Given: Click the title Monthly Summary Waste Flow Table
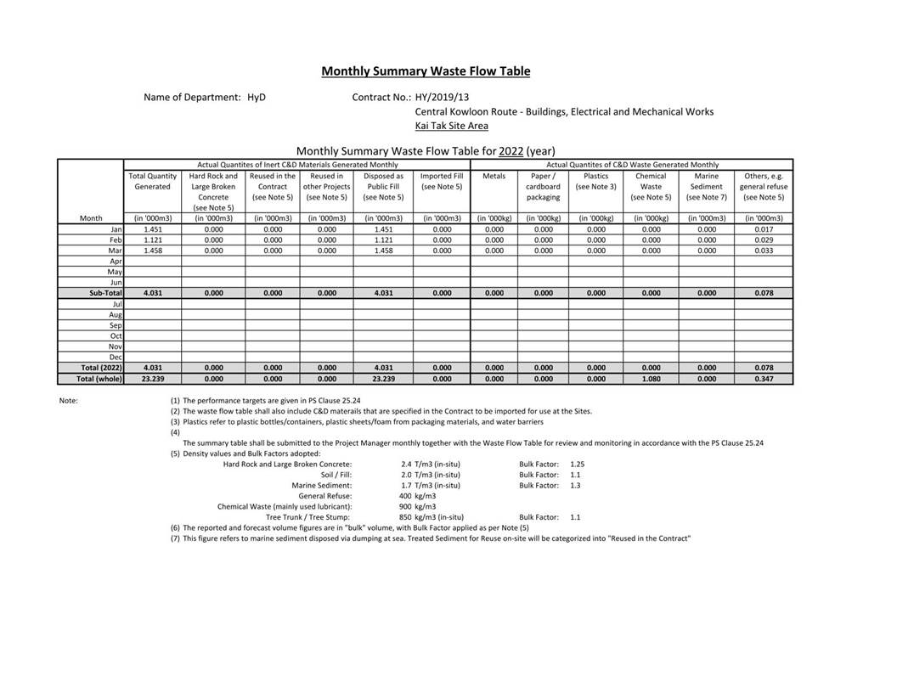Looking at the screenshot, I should [426, 71].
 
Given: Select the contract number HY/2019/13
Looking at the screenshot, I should [442, 98].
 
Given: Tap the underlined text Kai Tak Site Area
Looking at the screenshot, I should [451, 126].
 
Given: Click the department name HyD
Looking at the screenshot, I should [257, 98].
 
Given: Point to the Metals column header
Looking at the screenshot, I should [494, 177].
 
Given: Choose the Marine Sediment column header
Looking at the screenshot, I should [707, 186].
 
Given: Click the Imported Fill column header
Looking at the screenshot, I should [442, 181].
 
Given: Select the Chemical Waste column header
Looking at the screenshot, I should [651, 186].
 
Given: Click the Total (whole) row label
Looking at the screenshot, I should [99, 379].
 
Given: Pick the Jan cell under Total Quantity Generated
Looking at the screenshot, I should [153, 229].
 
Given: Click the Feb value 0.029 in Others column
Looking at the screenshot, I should [764, 240].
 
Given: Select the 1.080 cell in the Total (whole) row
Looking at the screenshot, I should [651, 379].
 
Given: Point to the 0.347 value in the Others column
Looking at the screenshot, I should [764, 379].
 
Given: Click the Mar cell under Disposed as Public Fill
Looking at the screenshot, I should [383, 251].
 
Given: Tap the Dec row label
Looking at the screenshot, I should [116, 358].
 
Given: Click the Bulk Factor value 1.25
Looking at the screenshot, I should [578, 465].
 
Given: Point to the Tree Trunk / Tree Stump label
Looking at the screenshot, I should [307, 517].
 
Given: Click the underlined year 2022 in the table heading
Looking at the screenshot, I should [511, 151].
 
